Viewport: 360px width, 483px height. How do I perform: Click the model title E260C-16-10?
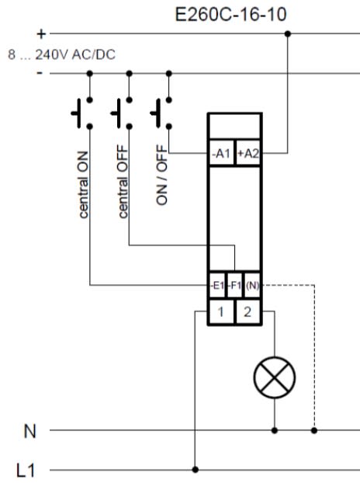click(230, 14)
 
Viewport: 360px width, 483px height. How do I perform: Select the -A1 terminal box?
click(222, 153)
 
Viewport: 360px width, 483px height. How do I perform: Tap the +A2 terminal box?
click(248, 153)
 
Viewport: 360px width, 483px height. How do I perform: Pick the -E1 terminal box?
click(217, 286)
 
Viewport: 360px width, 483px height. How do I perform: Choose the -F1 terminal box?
click(235, 286)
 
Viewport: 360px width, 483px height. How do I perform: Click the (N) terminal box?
click(253, 286)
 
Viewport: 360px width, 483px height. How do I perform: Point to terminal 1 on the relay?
click(221, 312)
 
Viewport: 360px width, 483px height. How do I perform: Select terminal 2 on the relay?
click(248, 312)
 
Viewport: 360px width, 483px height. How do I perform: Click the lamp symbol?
click(275, 377)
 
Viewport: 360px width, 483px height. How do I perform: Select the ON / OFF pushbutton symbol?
click(161, 113)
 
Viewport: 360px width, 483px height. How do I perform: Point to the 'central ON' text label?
click(83, 185)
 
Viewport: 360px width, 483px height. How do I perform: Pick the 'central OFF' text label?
click(123, 182)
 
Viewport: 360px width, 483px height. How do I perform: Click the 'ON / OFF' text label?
click(162, 175)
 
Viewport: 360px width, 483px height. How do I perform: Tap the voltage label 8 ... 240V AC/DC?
click(61, 55)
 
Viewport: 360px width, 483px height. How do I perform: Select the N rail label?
click(29, 431)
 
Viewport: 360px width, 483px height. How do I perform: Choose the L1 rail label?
click(26, 471)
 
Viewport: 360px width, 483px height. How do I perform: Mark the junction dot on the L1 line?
click(195, 470)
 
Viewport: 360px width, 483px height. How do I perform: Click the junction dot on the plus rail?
click(288, 33)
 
